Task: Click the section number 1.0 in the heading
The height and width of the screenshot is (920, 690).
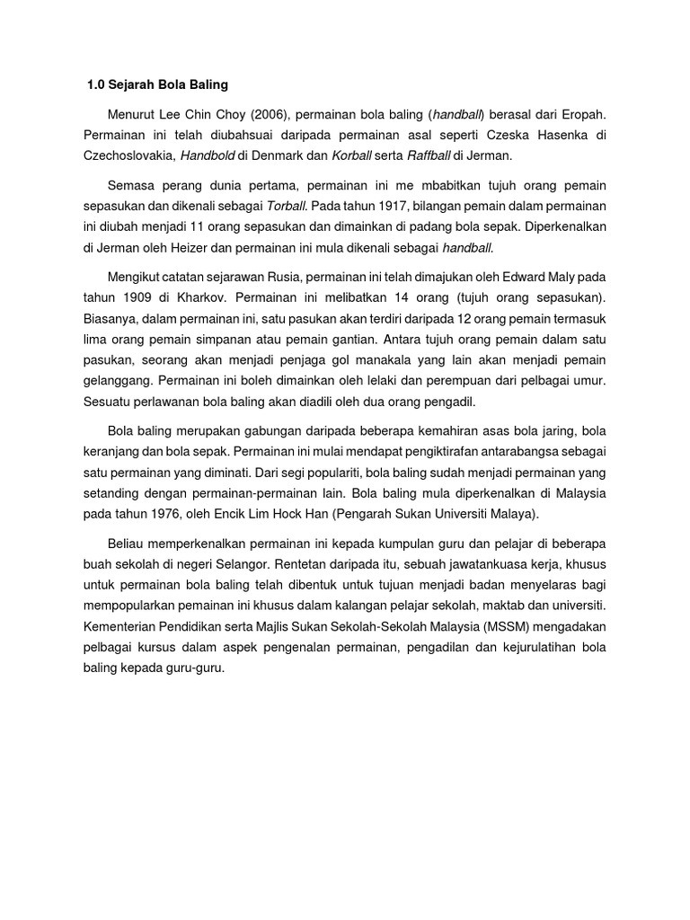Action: [x=96, y=85]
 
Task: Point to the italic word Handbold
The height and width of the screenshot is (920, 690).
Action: [x=208, y=155]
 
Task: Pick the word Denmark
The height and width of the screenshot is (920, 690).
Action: [x=278, y=155]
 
